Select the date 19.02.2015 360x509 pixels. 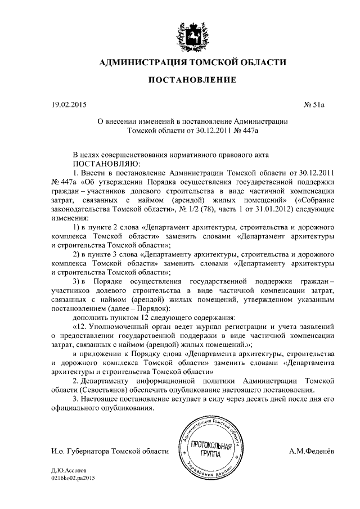tap(66, 104)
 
